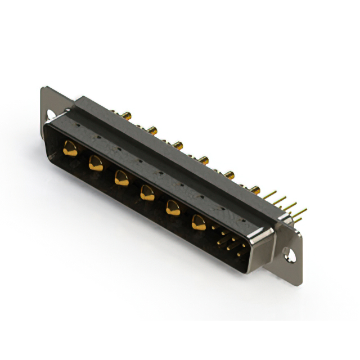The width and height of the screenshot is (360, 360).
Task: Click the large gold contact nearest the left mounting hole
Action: click(x=70, y=149)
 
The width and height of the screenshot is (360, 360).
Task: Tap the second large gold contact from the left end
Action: click(x=95, y=164)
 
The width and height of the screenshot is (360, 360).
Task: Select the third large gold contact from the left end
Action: click(x=120, y=178)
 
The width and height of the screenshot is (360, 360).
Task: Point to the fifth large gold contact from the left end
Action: click(x=172, y=209)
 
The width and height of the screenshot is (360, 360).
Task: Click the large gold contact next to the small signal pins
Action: click(x=198, y=223)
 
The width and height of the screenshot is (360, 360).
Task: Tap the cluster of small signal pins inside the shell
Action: click(x=228, y=243)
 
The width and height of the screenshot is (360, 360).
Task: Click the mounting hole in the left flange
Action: click(x=49, y=115)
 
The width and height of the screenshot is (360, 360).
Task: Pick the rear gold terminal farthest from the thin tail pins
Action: click(x=127, y=116)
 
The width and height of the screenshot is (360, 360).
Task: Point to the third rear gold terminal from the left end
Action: click(x=178, y=146)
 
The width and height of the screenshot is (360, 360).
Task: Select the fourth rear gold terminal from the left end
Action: click(x=204, y=160)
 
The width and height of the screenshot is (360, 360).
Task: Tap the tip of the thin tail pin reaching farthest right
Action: click(x=306, y=210)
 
